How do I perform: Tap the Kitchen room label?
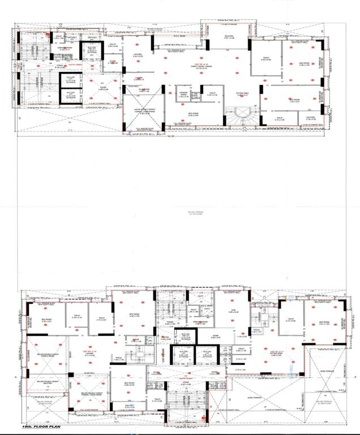(138, 56)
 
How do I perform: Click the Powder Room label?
(183, 96)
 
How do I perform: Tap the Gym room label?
(234, 310)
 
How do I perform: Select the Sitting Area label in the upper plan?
(243, 95)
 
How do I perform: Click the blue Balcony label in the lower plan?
(130, 406)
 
